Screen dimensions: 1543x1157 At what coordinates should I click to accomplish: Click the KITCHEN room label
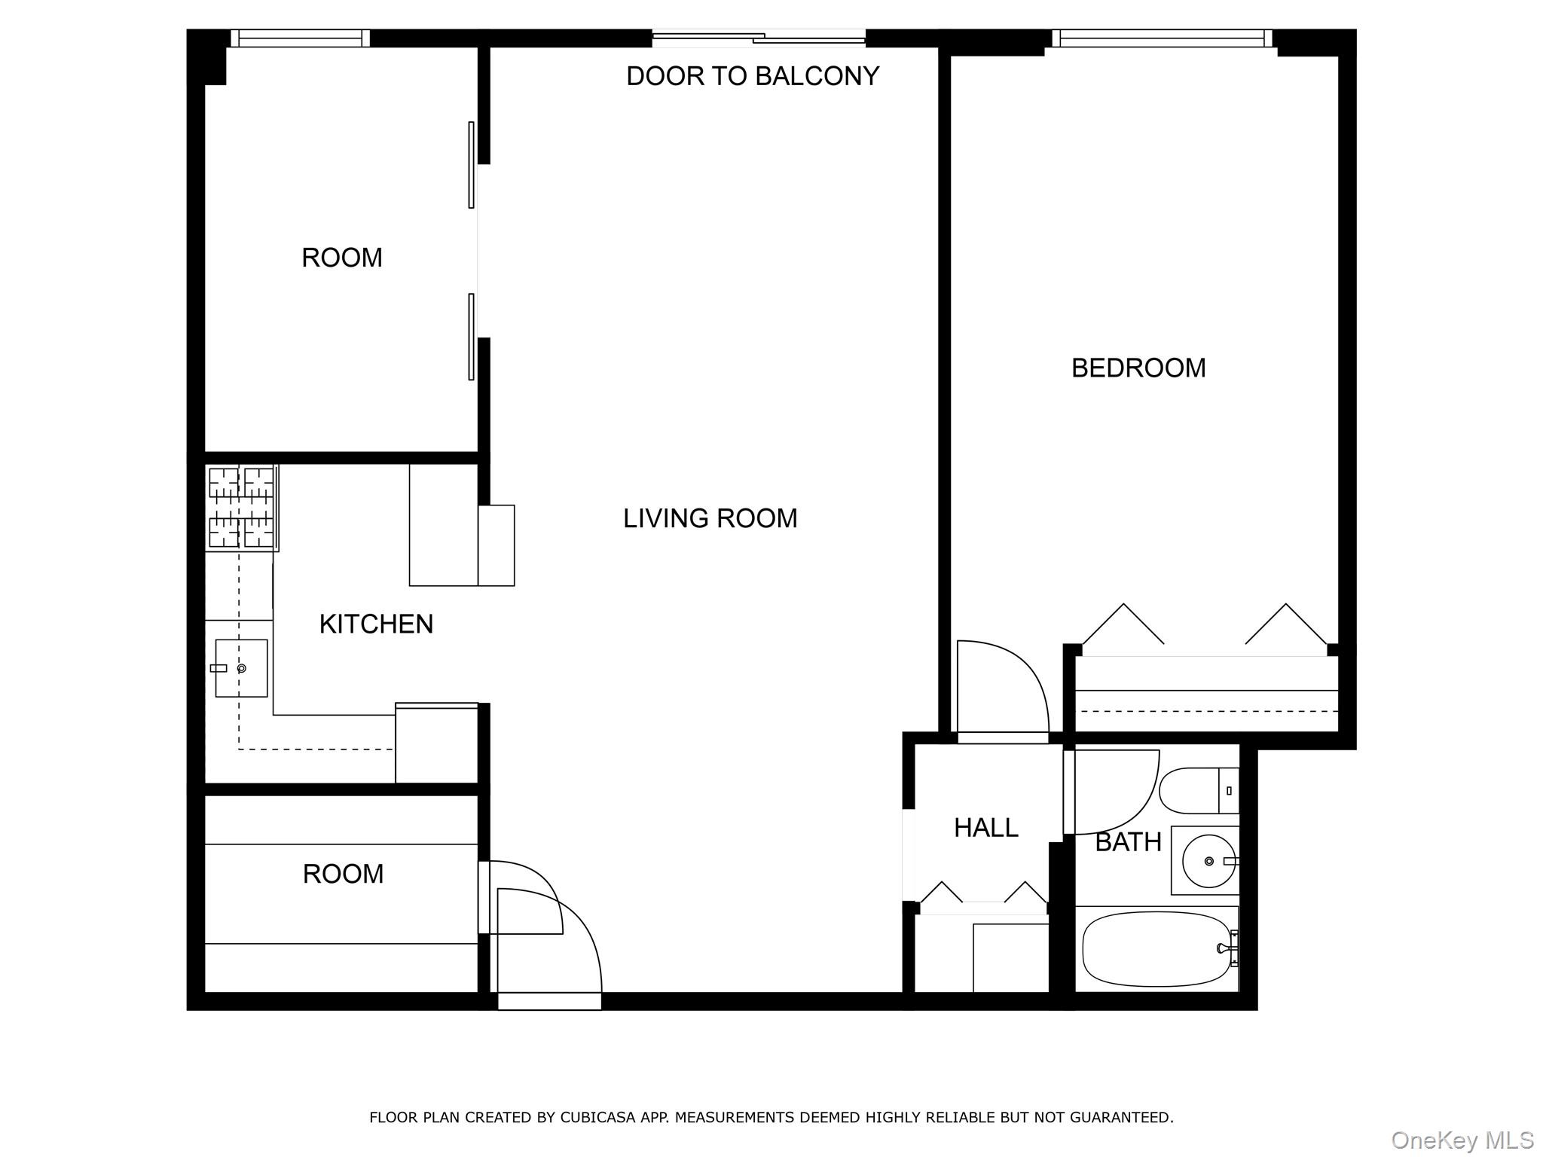(376, 624)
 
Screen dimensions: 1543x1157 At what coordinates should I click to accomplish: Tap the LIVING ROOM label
(710, 518)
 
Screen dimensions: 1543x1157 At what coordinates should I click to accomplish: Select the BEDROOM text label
(1138, 368)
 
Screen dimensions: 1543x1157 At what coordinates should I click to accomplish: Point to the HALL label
(985, 828)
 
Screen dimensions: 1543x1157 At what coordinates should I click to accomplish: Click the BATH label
(1128, 842)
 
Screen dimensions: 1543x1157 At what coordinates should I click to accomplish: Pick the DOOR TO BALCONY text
(753, 76)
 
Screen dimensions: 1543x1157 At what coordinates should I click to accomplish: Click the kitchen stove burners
(241, 507)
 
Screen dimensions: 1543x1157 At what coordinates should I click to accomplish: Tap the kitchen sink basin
(241, 668)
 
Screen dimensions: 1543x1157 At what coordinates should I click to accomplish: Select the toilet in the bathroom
(1199, 791)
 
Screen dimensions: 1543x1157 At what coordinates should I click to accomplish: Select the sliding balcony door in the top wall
(759, 36)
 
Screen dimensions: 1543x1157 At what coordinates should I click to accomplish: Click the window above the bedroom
(1162, 38)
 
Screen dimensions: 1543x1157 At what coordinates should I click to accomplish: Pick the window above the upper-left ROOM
(300, 38)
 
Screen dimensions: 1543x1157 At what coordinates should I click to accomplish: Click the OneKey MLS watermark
(1462, 1140)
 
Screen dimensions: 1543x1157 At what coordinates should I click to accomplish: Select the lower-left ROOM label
(343, 874)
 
